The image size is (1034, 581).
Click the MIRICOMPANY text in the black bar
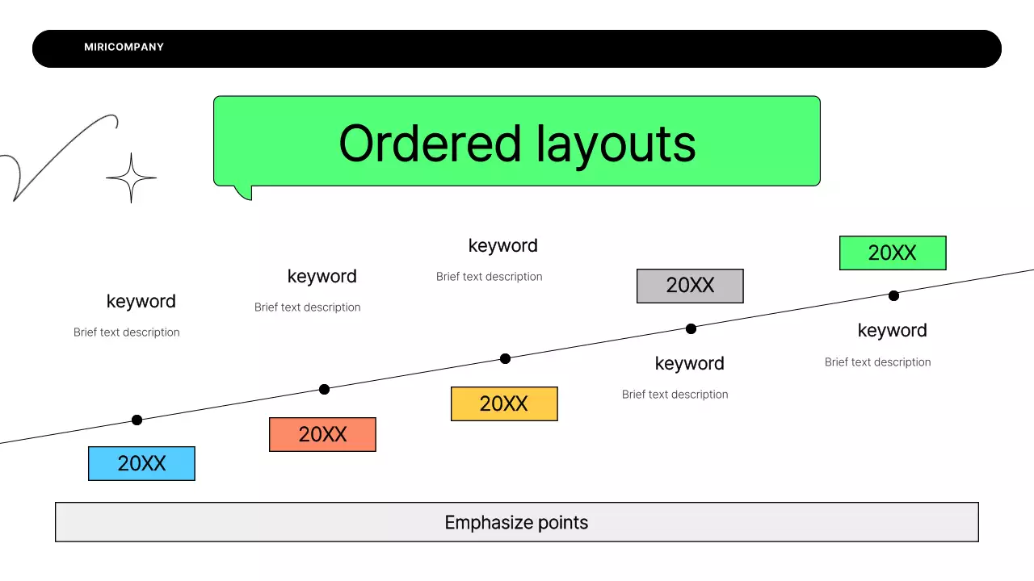click(x=124, y=47)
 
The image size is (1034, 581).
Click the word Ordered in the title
click(x=430, y=144)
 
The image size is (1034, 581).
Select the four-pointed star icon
click(x=131, y=178)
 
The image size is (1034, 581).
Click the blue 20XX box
click(x=141, y=463)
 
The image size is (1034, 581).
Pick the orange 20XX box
click(x=322, y=434)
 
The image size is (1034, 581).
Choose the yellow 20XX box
click(x=504, y=403)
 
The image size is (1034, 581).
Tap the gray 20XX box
click(x=690, y=286)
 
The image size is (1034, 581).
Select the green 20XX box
click(x=892, y=253)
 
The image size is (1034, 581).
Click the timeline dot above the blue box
click(x=137, y=420)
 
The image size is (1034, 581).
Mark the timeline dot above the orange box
click(x=324, y=389)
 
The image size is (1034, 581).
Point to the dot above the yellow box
click(x=505, y=358)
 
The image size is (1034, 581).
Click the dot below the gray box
click(x=691, y=328)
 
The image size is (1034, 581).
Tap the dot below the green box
click(x=893, y=295)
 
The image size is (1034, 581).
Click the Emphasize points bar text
click(x=516, y=522)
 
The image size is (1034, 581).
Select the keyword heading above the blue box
click(x=141, y=301)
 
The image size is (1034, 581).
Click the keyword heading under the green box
click(x=892, y=330)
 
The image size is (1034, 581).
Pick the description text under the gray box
click(x=675, y=395)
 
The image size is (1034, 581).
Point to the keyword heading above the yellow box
click(x=502, y=245)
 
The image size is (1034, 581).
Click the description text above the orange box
click(x=307, y=307)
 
